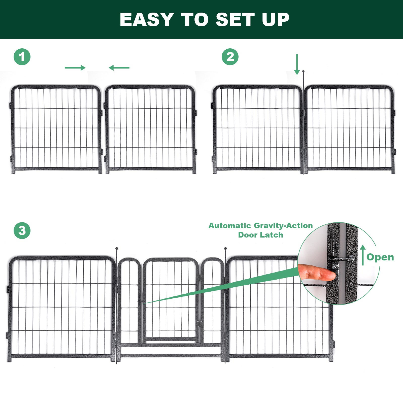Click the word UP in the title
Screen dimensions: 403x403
pyautogui.click(x=276, y=19)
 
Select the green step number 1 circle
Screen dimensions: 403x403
pyautogui.click(x=22, y=57)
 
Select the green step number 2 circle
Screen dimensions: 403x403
pyautogui.click(x=230, y=57)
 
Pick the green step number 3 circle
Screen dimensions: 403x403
pyautogui.click(x=22, y=230)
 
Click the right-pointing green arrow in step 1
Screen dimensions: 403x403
pyautogui.click(x=75, y=68)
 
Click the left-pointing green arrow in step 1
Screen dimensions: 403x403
pyautogui.click(x=119, y=68)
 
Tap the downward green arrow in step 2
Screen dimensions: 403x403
pyautogui.click(x=297, y=64)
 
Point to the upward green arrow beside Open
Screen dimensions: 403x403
pyautogui.click(x=363, y=255)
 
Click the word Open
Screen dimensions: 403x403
pyautogui.click(x=380, y=257)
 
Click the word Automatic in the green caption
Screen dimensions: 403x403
pyautogui.click(x=229, y=225)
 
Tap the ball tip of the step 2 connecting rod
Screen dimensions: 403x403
pyautogui.click(x=303, y=71)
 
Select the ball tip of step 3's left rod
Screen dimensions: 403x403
pyautogui.click(x=116, y=248)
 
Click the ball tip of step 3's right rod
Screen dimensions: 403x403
pyautogui.click(x=225, y=248)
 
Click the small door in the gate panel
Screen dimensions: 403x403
pyautogui.click(x=171, y=300)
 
